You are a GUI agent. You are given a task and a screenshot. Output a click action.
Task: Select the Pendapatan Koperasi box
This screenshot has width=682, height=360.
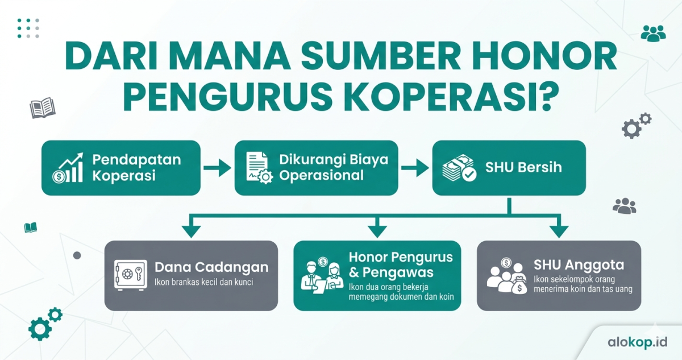click(x=121, y=168)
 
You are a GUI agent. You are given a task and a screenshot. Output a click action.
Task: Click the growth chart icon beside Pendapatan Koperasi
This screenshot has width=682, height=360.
click(x=68, y=168)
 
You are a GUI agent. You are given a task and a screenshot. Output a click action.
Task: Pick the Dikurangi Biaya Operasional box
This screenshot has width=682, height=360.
click(x=316, y=168)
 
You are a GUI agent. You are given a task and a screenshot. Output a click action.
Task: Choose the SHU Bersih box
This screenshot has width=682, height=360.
click(x=509, y=168)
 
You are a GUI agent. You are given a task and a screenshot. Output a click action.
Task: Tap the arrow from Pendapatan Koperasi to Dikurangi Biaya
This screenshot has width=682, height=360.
click(x=217, y=168)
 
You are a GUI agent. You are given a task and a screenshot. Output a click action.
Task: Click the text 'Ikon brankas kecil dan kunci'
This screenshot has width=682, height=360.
click(x=203, y=283)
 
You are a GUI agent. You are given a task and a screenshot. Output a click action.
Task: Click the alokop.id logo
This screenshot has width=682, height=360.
click(x=636, y=342)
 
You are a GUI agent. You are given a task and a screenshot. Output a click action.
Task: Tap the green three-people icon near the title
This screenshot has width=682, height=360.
click(x=653, y=34)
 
